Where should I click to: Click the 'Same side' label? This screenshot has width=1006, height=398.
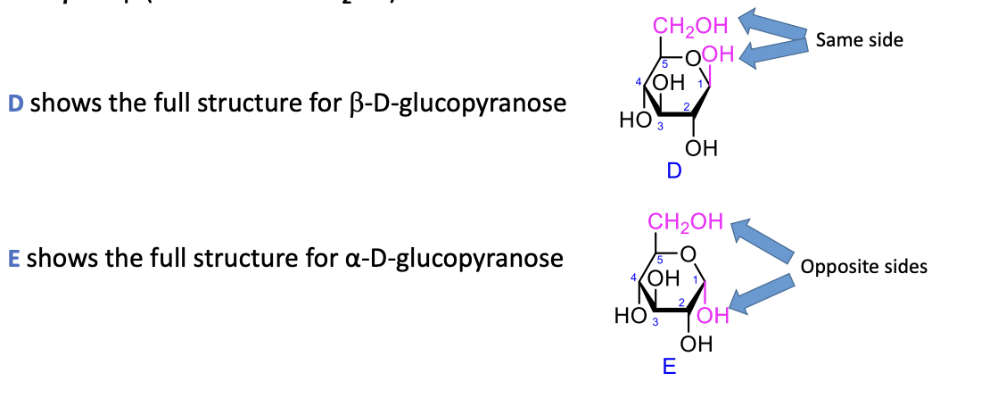[858, 40]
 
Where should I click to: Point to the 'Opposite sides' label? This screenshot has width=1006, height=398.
[863, 266]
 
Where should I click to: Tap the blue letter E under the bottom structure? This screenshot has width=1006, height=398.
[669, 366]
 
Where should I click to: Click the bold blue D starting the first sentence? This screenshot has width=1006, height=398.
[15, 104]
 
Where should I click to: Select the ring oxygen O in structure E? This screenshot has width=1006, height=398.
[687, 255]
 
